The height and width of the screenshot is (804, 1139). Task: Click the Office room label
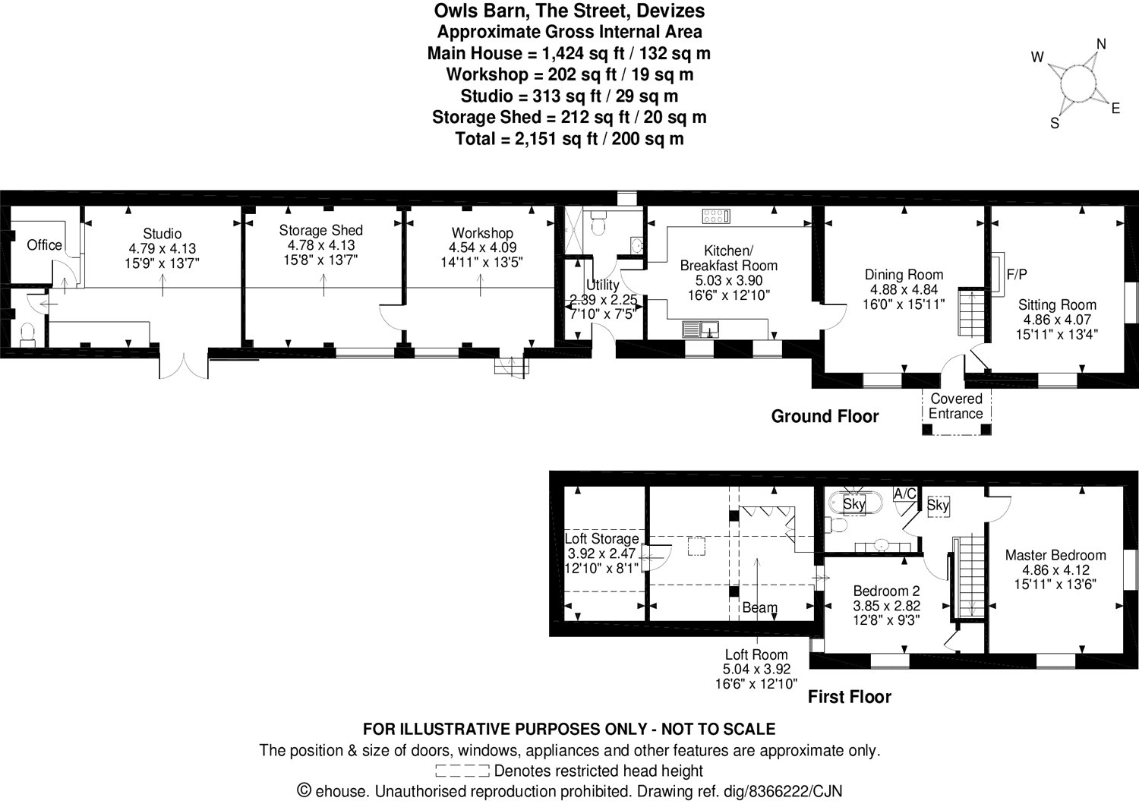(44, 244)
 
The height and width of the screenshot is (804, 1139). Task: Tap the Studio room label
(162, 234)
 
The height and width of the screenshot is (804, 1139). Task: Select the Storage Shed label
(320, 230)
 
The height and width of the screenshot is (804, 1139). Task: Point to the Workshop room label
(482, 233)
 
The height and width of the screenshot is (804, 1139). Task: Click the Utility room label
(603, 285)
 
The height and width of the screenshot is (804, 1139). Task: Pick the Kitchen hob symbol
(716, 216)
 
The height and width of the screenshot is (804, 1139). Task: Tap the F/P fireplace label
(1017, 275)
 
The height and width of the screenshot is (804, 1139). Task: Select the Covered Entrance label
(956, 406)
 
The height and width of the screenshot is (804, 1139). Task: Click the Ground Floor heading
(825, 416)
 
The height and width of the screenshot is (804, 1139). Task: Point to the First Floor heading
(849, 696)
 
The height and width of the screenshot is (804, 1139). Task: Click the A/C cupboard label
(904, 494)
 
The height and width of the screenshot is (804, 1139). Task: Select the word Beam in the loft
(759, 607)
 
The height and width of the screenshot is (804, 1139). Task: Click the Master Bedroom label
(1055, 555)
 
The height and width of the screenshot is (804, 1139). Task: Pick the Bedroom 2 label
(886, 591)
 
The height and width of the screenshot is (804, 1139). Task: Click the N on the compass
(1101, 44)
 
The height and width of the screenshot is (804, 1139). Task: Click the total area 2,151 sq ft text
(569, 139)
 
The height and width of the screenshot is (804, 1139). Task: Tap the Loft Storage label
(601, 539)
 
